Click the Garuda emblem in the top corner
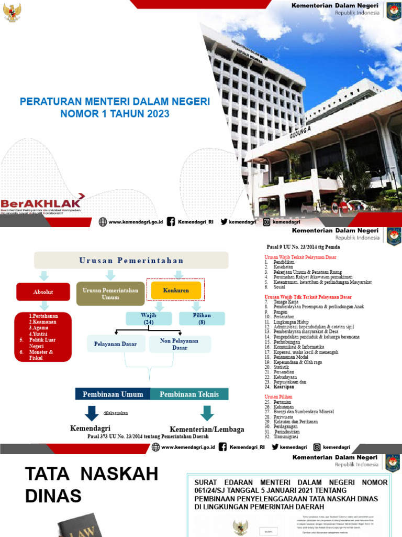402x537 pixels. point(12,12)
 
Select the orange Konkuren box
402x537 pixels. point(176,290)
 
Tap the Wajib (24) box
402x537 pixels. point(148,318)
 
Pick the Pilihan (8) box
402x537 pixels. point(202,318)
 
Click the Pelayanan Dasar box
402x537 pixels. point(115,344)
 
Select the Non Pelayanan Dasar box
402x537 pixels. point(180,344)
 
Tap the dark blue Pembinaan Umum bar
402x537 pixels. point(113,394)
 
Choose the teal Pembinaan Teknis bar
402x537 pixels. point(189,394)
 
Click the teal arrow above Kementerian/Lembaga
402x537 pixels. point(207,413)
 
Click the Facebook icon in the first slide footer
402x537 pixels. point(170,222)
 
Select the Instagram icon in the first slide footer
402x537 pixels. point(266,222)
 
